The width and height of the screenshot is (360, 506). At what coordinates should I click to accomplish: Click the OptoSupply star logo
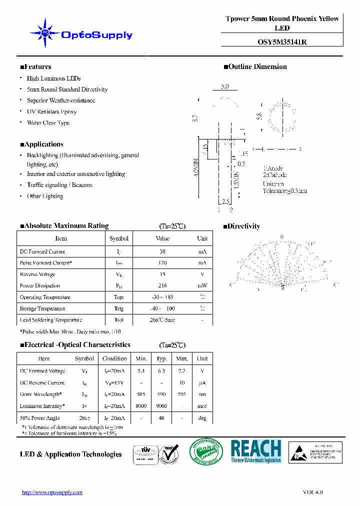click(45, 34)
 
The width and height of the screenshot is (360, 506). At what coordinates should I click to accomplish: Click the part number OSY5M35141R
click(282, 42)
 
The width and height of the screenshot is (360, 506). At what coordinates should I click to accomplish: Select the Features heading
click(35, 67)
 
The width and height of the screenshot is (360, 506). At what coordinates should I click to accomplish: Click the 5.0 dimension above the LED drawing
click(224, 86)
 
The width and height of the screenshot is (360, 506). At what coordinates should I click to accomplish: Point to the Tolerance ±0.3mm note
click(284, 190)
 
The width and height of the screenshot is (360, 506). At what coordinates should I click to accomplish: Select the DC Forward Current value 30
click(162, 251)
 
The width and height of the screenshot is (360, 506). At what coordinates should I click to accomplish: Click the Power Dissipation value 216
click(162, 286)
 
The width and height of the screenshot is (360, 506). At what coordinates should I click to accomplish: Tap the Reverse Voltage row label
click(37, 274)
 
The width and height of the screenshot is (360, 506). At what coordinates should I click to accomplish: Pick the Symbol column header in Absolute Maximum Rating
click(119, 238)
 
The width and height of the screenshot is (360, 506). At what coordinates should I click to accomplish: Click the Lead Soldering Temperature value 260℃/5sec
click(162, 320)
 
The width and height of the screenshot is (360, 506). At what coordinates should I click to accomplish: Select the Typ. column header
click(161, 358)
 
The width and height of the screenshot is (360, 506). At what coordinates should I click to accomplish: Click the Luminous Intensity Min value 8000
click(141, 406)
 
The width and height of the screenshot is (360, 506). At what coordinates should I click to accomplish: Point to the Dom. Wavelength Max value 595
click(181, 394)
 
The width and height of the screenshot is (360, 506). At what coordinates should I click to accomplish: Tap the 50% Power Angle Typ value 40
click(161, 418)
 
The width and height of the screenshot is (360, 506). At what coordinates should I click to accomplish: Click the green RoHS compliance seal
click(206, 452)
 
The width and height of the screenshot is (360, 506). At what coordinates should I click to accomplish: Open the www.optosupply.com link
click(52, 492)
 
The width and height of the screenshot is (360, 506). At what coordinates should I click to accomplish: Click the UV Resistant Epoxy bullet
click(51, 112)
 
